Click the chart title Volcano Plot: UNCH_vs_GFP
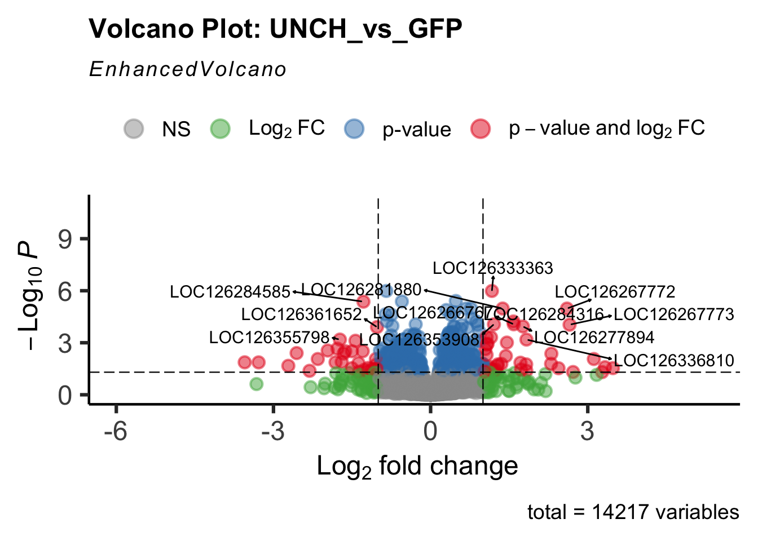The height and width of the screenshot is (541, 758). [x=275, y=29]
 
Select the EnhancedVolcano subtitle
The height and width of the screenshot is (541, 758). [x=188, y=69]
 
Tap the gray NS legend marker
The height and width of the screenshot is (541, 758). [x=134, y=129]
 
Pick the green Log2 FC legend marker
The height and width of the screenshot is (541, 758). [x=220, y=129]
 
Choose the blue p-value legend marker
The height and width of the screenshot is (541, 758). [x=354, y=129]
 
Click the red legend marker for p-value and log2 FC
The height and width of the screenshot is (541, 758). [x=481, y=129]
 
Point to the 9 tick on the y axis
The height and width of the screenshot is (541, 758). [x=65, y=239]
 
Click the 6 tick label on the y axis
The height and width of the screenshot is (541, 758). [x=65, y=291]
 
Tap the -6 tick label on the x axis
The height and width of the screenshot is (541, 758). [x=116, y=431]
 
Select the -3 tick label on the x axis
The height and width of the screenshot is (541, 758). [x=273, y=431]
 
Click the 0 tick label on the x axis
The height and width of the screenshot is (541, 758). [x=430, y=431]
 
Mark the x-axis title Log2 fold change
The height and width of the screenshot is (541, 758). [x=417, y=467]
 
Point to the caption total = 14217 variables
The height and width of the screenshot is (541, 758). [x=633, y=512]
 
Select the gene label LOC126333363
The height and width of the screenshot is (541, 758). [x=493, y=268]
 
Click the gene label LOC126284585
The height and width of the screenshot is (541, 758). [x=230, y=292]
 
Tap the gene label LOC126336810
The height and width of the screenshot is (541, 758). [x=674, y=361]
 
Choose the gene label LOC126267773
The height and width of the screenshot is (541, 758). [x=674, y=314]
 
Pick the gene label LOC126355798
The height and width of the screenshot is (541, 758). [x=269, y=338]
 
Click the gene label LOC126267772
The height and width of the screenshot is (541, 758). [x=615, y=292]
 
